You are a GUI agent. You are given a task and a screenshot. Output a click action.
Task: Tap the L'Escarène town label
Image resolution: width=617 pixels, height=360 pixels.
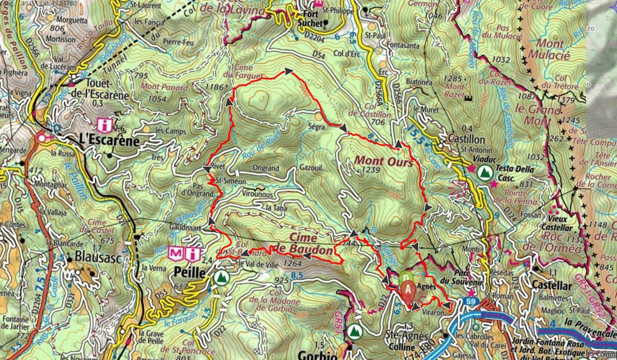pos(110,141)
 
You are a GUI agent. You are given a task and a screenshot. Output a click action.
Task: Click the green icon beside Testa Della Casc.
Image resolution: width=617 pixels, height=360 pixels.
pos(484,172)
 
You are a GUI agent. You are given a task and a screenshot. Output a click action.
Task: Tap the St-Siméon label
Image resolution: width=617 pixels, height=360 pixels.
pos(231,180)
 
